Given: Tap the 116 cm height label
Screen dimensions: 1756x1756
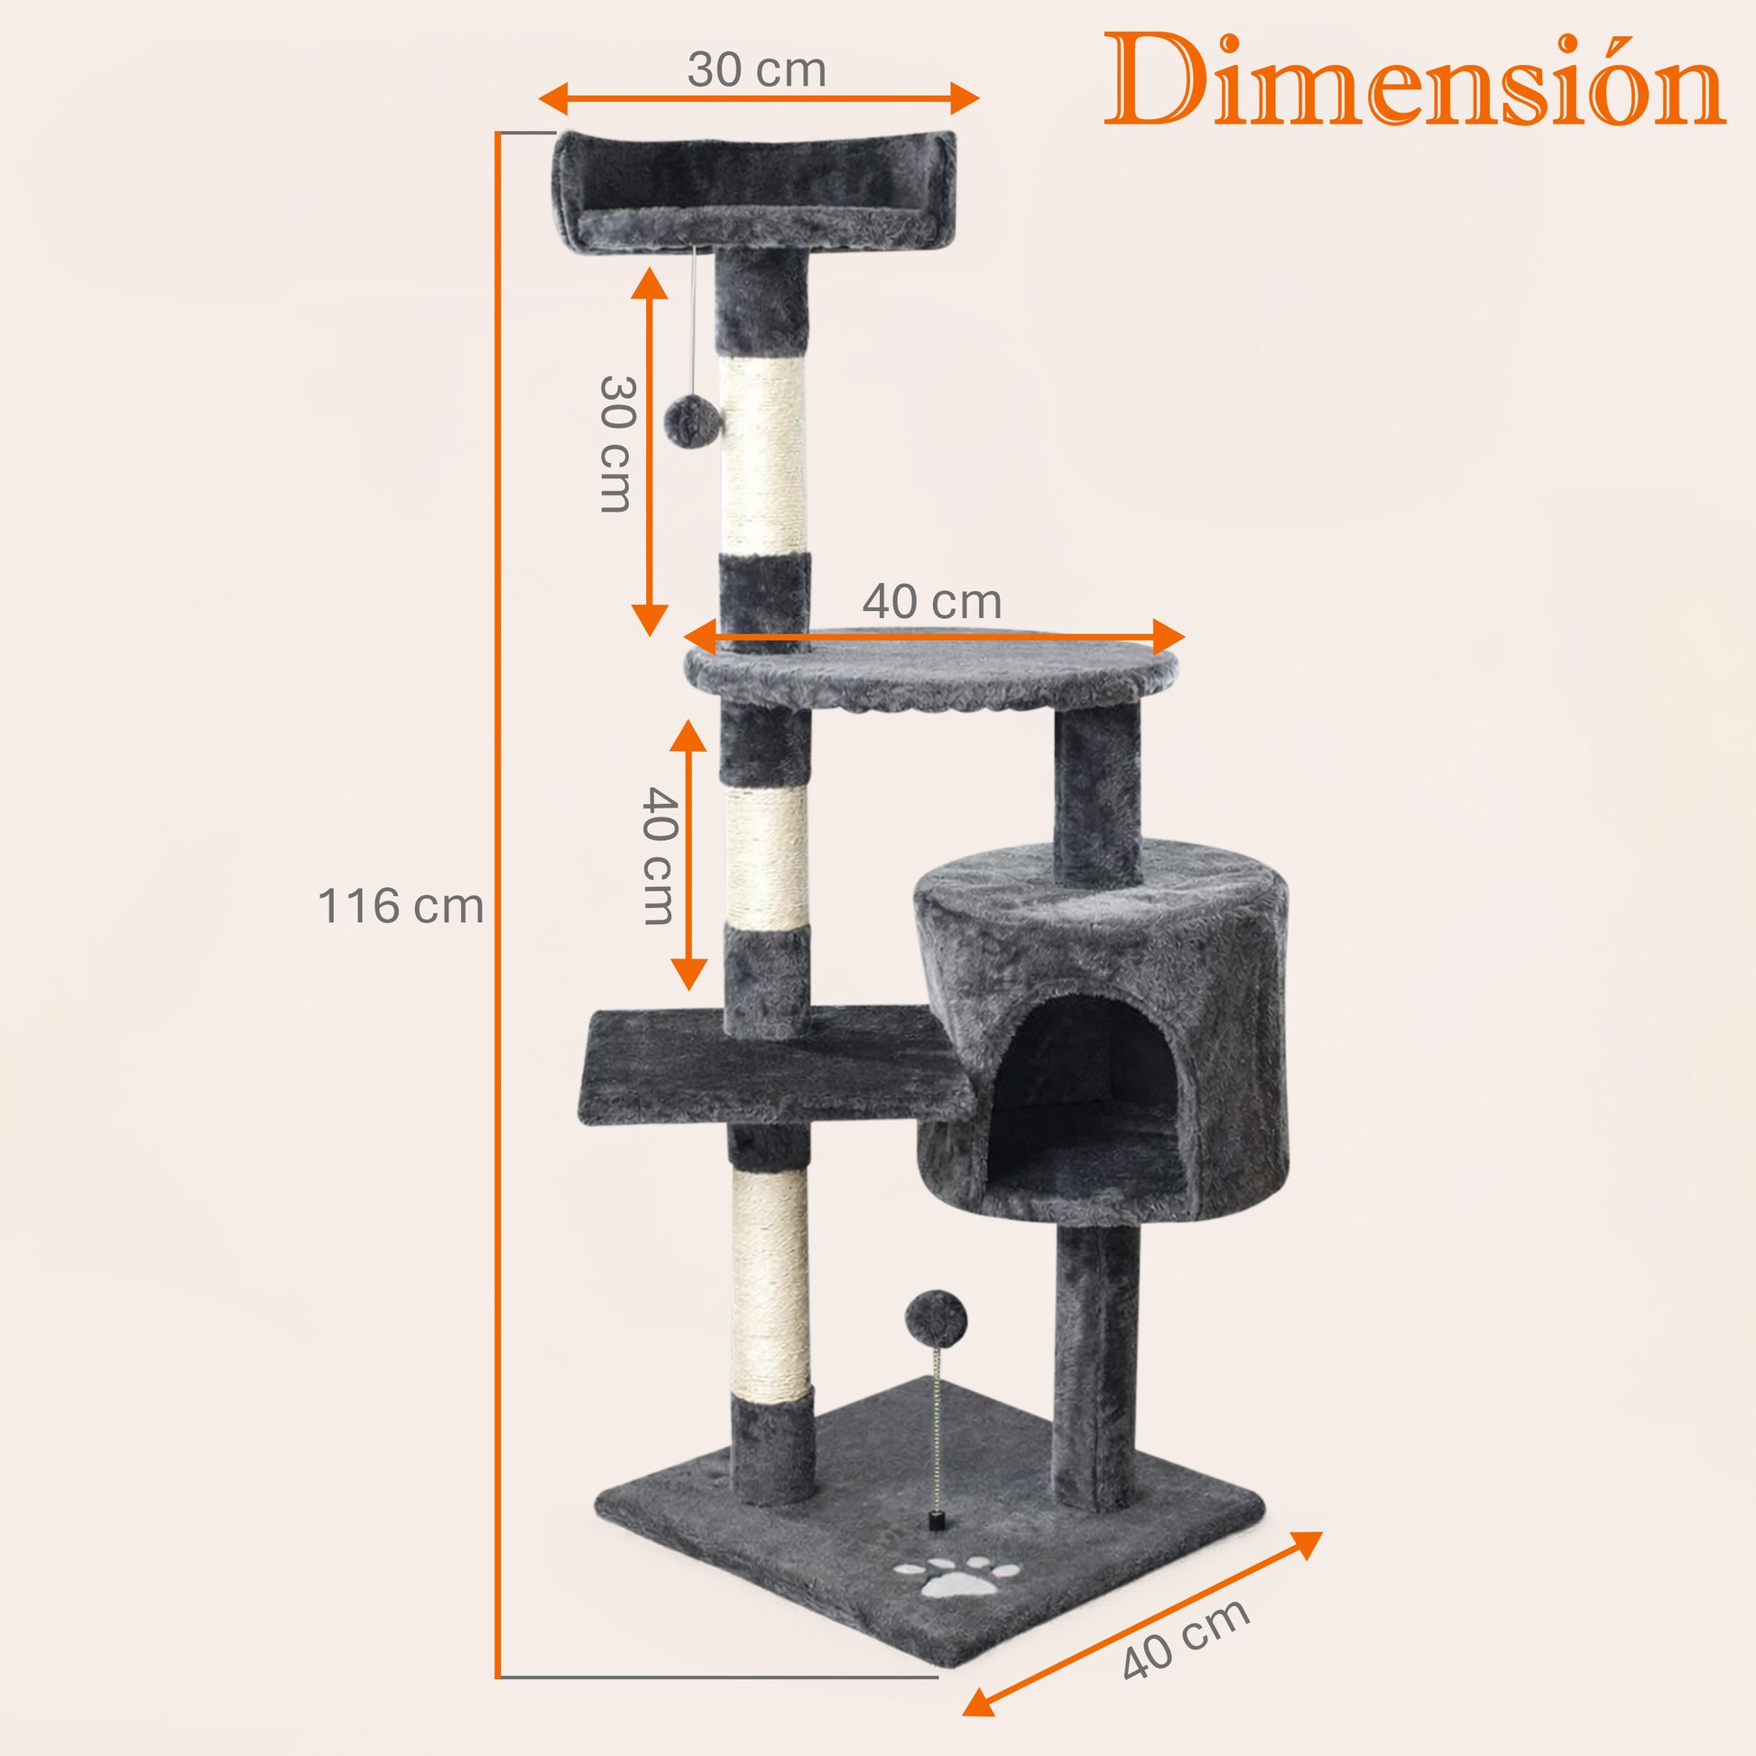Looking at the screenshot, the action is click(400, 906).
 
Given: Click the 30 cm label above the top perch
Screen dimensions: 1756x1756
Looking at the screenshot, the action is click(756, 69).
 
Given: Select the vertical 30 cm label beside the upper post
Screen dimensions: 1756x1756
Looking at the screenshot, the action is click(617, 444).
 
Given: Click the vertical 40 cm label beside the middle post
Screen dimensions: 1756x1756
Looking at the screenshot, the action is click(659, 855).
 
